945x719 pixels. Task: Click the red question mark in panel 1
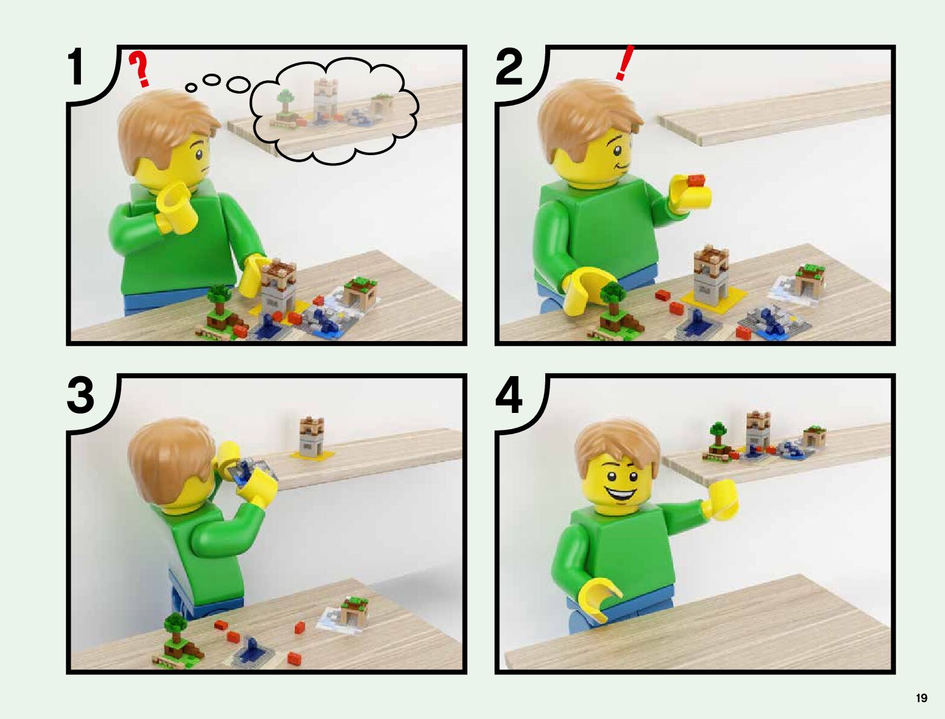pos(140,69)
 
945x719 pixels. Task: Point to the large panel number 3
pos(80,395)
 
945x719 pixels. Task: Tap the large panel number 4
pos(509,395)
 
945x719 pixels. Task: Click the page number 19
pos(921,698)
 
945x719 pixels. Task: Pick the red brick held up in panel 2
pos(697,181)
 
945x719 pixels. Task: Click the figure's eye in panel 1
pos(199,155)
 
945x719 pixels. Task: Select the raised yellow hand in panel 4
pos(720,499)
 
